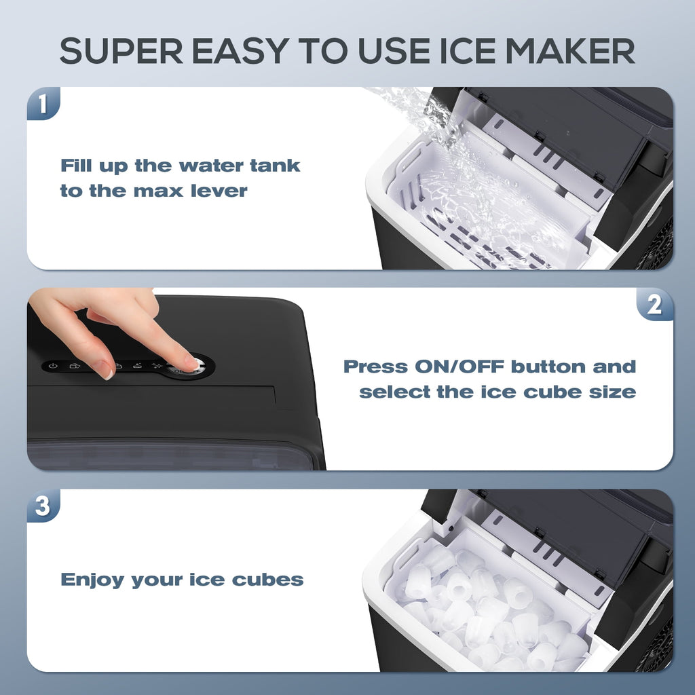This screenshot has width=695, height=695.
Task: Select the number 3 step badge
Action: coord(43,506)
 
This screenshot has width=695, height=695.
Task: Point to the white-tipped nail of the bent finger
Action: coord(104,371)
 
